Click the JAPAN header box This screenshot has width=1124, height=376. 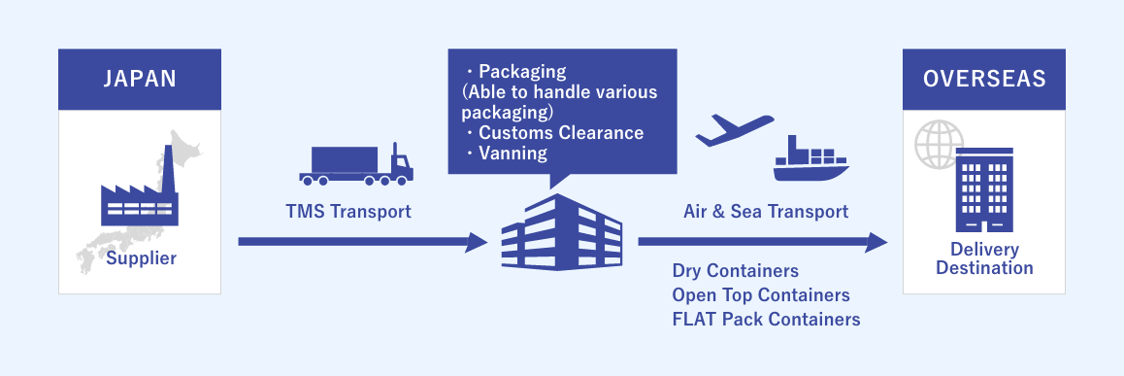click(140, 80)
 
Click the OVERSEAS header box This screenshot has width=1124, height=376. click(984, 80)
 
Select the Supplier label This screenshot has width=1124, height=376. click(141, 258)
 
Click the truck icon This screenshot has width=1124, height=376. click(355, 166)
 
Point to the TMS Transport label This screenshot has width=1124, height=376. click(348, 211)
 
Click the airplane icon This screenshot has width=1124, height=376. click(734, 129)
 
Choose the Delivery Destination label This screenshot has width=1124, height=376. click(984, 258)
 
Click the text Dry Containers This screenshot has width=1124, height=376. click(735, 271)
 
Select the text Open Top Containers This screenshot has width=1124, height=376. click(761, 294)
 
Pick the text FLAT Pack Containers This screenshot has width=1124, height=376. click(766, 319)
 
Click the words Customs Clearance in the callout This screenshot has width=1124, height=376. click(560, 132)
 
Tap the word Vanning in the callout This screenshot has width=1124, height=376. click(512, 153)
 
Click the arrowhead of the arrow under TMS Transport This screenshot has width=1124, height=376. click(477, 241)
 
